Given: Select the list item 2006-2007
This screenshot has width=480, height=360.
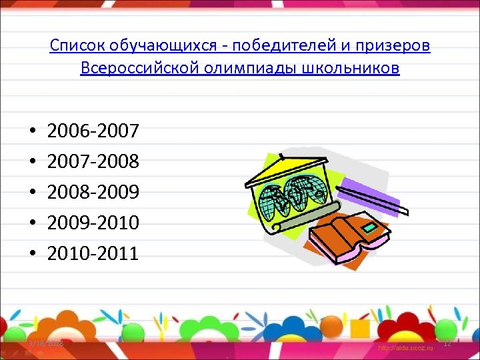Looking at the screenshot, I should click(93, 131).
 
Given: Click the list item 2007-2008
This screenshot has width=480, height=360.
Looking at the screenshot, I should click(93, 161).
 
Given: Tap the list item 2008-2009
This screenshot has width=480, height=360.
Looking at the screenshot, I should click(93, 192).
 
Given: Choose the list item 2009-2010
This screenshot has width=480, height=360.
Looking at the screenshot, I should click(93, 223).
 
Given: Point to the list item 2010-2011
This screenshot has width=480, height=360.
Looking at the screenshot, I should click(93, 253).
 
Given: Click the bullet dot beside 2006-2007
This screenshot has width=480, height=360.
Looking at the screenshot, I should click(32, 131).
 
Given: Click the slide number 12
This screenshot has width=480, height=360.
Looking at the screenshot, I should click(447, 343).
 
